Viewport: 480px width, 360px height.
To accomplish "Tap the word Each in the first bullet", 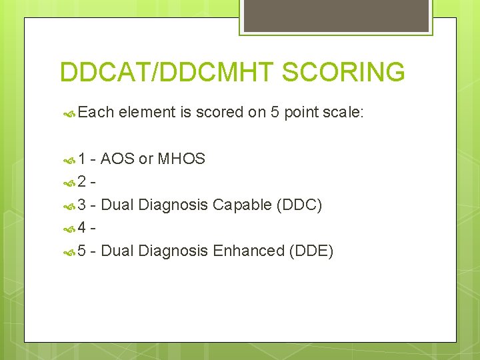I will (x=96, y=113).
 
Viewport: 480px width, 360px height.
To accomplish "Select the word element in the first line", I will (x=148, y=113).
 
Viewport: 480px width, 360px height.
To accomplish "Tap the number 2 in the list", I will (x=83, y=181).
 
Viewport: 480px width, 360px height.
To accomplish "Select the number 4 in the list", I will (x=83, y=228).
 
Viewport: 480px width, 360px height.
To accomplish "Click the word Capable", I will (x=242, y=205).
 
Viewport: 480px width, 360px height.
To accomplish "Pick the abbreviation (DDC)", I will (x=299, y=205).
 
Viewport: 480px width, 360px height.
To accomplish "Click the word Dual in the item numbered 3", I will (x=117, y=205).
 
